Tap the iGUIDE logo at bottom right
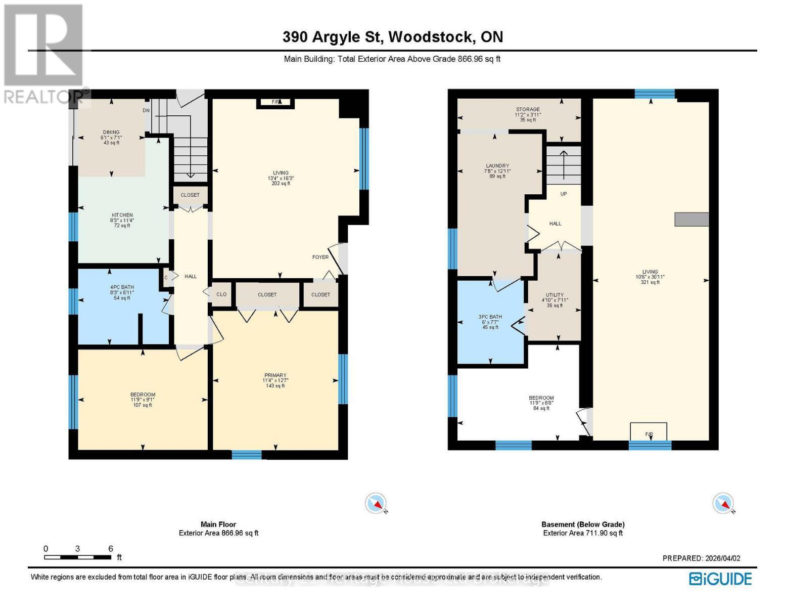click(x=720, y=579)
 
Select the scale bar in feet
click(x=78, y=557)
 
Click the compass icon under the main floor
click(x=376, y=503)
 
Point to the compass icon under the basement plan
click(x=723, y=503)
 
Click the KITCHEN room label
click(x=122, y=215)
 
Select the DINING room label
click(x=111, y=133)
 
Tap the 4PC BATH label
click(x=122, y=287)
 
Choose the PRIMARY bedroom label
click(x=275, y=375)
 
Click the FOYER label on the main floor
click(x=320, y=257)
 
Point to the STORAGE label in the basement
click(x=528, y=109)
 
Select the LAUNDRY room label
click(x=497, y=166)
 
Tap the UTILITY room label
click(x=555, y=295)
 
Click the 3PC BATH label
click(x=490, y=317)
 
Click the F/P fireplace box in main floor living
click(x=276, y=102)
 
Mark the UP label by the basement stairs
click(x=563, y=194)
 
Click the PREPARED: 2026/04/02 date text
click(x=701, y=558)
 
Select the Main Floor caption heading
click(x=218, y=525)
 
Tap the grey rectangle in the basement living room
click(x=691, y=219)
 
